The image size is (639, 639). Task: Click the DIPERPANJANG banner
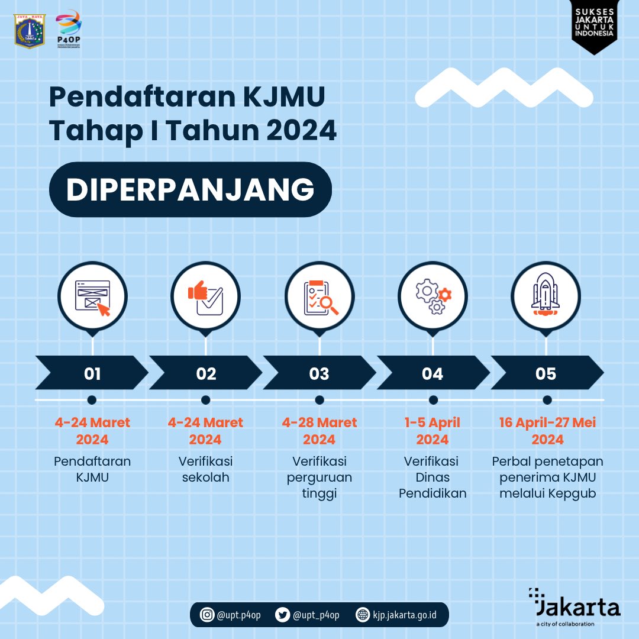click(x=190, y=190)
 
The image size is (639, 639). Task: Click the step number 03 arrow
click(x=319, y=374)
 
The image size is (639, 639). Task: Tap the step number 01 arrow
click(x=92, y=374)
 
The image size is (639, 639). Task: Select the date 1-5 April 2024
click(x=433, y=431)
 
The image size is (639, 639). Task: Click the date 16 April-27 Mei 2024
click(x=547, y=431)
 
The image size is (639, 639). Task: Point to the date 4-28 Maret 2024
click(x=319, y=431)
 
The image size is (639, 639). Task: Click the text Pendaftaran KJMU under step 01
click(x=92, y=469)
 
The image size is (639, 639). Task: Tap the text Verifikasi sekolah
click(x=205, y=469)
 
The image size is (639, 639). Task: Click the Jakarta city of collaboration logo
click(x=574, y=607)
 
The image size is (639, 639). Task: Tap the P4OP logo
click(x=67, y=28)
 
